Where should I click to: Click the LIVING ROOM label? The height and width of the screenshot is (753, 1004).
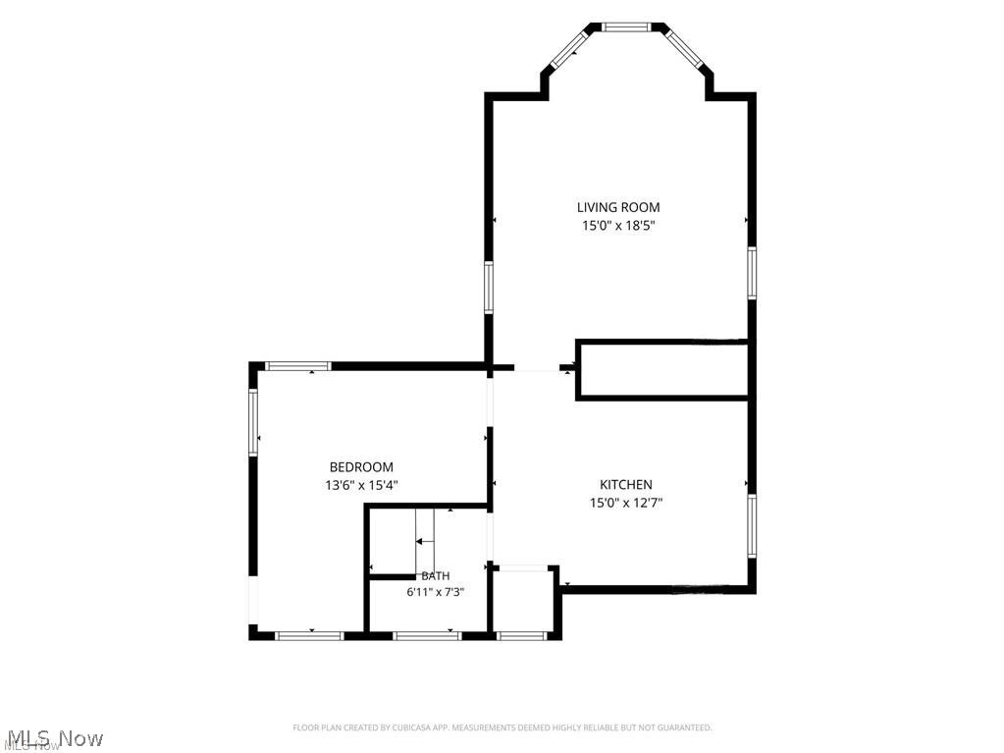(x=618, y=207)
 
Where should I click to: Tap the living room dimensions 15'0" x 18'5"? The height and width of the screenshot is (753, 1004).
(x=618, y=226)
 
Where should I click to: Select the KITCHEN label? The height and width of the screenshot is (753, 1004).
(x=625, y=485)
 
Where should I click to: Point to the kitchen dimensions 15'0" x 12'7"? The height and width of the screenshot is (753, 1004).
(x=625, y=503)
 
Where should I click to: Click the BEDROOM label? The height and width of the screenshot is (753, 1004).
(x=361, y=467)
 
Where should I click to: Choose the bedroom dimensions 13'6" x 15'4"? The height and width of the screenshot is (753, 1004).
(x=361, y=485)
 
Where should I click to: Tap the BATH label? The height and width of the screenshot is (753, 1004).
(x=436, y=576)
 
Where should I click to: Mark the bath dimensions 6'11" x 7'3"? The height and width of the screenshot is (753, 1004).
(x=435, y=592)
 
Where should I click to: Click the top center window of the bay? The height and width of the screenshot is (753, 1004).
(x=627, y=27)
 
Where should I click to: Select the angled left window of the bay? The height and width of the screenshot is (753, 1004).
(x=569, y=49)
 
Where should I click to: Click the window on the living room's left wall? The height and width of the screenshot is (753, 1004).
(x=489, y=288)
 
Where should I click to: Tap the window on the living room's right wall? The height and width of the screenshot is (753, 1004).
(x=753, y=273)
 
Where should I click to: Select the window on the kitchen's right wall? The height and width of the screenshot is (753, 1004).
(x=753, y=525)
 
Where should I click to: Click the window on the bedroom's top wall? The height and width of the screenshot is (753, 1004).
(x=298, y=366)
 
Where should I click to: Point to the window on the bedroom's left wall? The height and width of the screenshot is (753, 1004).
(x=253, y=422)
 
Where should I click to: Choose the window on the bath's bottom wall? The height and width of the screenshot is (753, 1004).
(x=427, y=636)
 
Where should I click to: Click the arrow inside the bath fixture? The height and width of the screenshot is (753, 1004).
(x=425, y=542)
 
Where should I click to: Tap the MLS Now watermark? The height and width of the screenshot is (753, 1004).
(x=52, y=739)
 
